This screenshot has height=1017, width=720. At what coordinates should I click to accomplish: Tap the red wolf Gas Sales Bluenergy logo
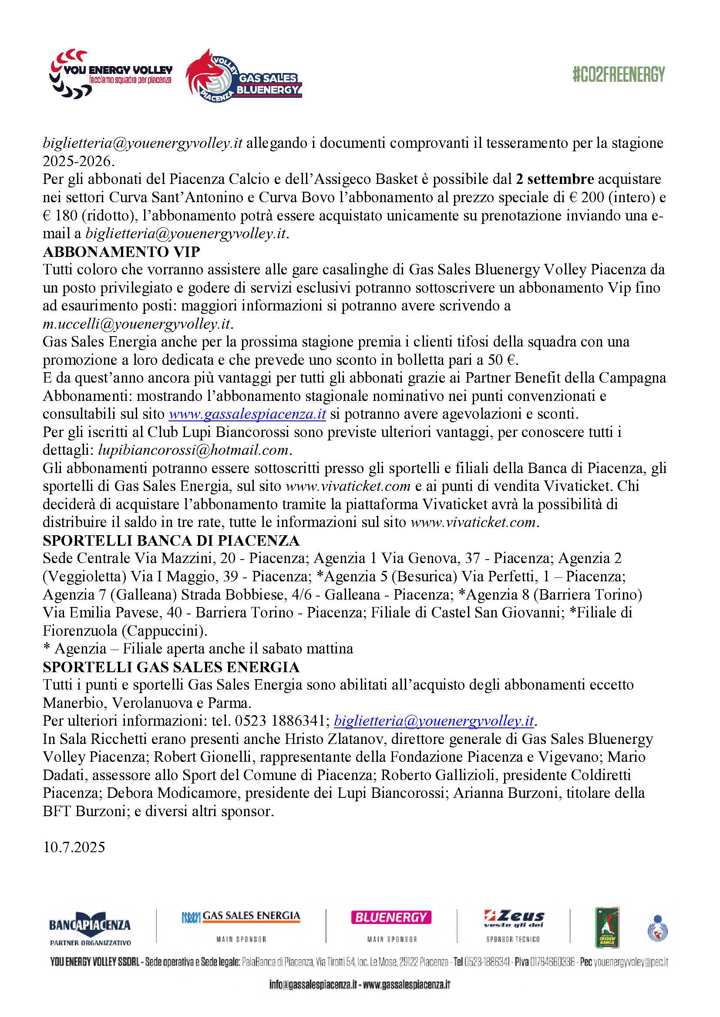point(243,76)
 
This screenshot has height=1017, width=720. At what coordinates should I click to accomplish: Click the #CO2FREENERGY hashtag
point(619,74)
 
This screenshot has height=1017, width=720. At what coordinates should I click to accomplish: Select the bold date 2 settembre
point(555,179)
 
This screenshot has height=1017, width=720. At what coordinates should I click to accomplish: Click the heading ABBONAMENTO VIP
point(121,252)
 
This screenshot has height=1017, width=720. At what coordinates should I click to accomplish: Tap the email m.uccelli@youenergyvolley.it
point(137,324)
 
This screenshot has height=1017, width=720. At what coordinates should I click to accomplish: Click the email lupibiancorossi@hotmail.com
point(193,450)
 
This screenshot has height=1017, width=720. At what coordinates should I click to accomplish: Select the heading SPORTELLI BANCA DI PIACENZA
point(171,540)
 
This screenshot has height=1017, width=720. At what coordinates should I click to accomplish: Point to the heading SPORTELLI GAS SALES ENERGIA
point(171,667)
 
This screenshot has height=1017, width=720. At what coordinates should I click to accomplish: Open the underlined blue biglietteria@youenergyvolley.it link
point(434,721)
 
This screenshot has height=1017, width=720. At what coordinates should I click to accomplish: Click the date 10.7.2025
point(74,847)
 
